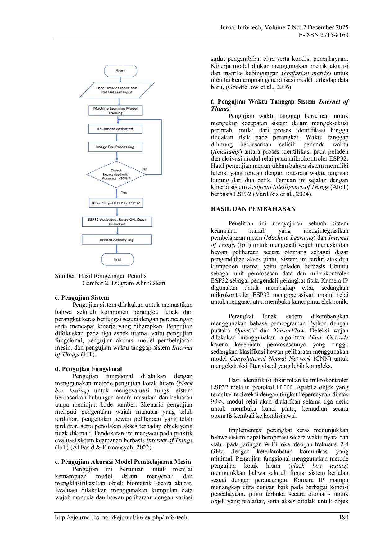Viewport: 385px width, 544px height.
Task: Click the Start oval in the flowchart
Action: tap(120, 71)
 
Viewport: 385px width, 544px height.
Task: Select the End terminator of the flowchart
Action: tap(117, 259)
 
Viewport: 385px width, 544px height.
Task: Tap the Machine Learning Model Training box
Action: tap(115, 111)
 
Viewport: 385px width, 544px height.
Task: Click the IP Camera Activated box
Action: tap(115, 129)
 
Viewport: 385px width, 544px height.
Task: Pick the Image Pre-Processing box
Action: tap(115, 147)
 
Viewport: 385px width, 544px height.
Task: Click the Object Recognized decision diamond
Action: tap(116, 174)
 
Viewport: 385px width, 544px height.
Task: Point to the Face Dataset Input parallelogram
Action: tap(117, 90)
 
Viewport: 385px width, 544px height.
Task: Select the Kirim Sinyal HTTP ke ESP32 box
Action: tap(116, 203)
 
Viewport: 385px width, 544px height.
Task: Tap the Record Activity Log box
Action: tap(117, 240)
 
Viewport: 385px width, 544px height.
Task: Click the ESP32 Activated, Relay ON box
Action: tap(117, 221)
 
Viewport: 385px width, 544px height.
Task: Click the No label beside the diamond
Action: tap(145, 169)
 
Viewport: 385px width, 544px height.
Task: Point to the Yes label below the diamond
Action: tap(124, 192)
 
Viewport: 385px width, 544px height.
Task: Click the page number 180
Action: tap(344, 517)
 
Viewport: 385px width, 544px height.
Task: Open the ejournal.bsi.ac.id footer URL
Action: tap(121, 518)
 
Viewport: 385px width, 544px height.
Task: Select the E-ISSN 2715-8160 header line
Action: tap(324, 35)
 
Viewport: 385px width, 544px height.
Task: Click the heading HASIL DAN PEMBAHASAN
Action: tap(253, 209)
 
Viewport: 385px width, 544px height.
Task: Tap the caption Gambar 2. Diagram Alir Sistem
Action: tap(124, 283)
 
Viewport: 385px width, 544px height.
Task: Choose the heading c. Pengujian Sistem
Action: tap(82, 297)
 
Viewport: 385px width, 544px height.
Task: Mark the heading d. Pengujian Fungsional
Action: tap(88, 369)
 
